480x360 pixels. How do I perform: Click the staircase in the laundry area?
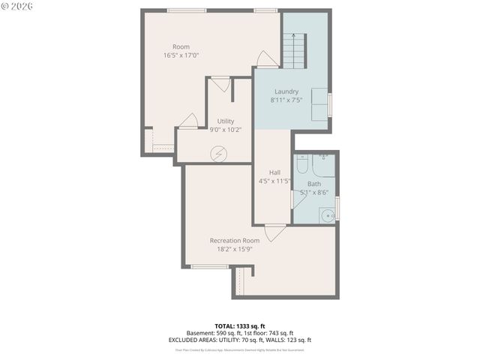295,51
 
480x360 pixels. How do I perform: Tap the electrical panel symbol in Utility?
219,152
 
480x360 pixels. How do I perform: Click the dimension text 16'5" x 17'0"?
181,55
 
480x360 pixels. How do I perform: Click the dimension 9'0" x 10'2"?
225,130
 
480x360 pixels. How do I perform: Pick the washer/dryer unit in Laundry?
319,101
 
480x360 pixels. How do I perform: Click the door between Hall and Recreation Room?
274,232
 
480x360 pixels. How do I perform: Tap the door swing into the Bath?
298,199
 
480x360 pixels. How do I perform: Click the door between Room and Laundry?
266,59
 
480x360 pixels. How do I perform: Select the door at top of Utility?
220,83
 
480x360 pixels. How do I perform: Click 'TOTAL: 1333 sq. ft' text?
241,326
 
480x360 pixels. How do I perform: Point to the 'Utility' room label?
225,121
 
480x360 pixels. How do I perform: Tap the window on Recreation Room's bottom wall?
210,266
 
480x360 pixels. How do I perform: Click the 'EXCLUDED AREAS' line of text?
240,340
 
